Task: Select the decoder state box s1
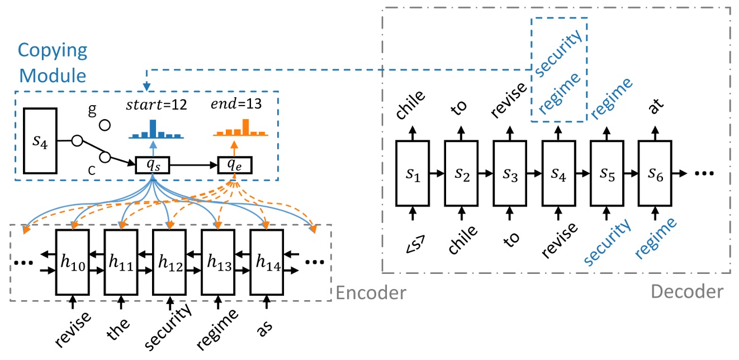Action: [x=412, y=173]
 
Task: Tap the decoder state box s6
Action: [x=655, y=173]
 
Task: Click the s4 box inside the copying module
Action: [x=40, y=141]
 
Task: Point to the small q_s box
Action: [x=153, y=165]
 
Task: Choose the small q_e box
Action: [x=235, y=165]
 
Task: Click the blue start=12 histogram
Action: [x=152, y=130]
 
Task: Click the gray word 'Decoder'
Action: [x=687, y=291]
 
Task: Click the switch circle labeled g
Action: [x=104, y=124]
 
